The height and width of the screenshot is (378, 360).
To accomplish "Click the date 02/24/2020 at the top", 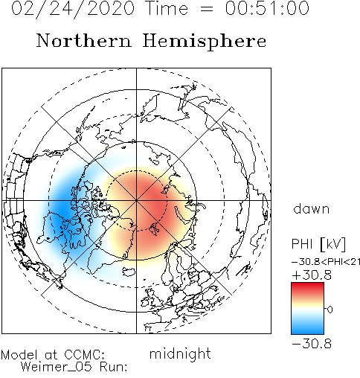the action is (73, 9).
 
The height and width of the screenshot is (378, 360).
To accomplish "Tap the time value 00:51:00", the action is (267, 8).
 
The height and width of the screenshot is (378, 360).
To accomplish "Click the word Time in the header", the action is (167, 8).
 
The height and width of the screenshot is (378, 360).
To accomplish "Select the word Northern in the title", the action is (83, 40).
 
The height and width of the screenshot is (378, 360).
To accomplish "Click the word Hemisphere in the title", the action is (205, 42).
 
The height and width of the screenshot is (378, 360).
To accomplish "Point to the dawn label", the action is (311, 208).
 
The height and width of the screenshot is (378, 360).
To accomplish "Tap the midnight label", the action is (180, 354).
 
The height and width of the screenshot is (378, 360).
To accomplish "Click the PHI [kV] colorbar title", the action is (318, 244).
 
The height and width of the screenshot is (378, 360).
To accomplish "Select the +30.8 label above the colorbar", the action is (312, 275).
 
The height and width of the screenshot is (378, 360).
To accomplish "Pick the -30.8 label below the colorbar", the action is (312, 344).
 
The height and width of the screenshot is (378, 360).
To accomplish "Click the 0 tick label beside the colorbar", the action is (330, 310).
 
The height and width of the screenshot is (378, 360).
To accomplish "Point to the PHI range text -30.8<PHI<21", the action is (326, 262).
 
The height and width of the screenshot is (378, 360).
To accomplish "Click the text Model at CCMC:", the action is (53, 355).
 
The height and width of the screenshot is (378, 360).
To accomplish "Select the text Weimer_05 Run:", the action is (74, 367).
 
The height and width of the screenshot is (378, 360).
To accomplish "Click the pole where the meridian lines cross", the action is (136, 200).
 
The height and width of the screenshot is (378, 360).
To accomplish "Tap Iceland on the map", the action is (129, 271).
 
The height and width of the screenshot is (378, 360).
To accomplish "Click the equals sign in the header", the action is (206, 9).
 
